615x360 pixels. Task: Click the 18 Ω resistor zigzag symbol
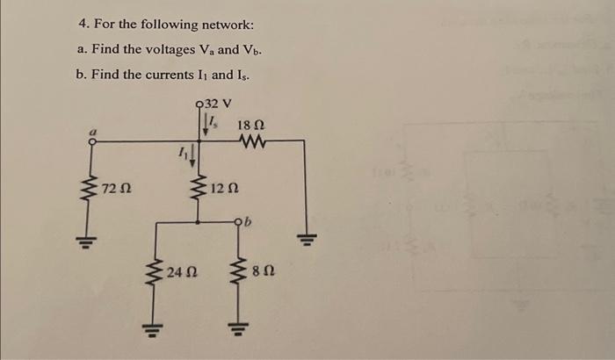(x=250, y=140)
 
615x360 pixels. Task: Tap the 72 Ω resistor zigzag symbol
(x=89, y=188)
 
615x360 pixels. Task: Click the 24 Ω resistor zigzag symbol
(x=156, y=272)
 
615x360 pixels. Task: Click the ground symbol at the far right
(x=306, y=238)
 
